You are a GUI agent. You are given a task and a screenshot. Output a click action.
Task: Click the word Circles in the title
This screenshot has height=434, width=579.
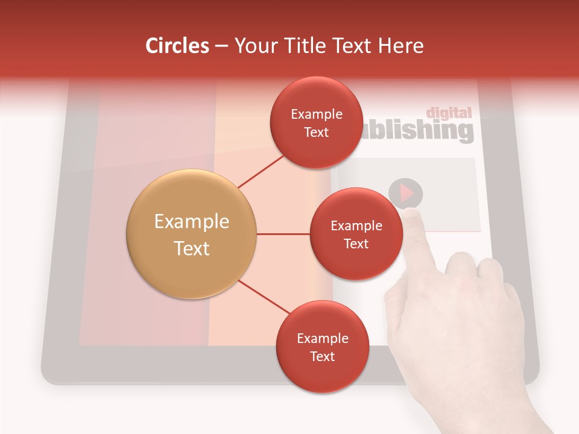(177, 46)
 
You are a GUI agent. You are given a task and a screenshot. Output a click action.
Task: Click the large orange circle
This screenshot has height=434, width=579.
(192, 234)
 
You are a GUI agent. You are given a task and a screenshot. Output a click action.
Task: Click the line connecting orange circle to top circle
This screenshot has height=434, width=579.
(261, 172)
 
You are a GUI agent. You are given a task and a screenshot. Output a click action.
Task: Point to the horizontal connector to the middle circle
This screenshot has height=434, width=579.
(283, 234)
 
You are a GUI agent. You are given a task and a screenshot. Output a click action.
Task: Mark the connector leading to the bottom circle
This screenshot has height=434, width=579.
(264, 296)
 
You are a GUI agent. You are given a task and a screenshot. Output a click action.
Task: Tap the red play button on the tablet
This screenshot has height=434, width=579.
(405, 193)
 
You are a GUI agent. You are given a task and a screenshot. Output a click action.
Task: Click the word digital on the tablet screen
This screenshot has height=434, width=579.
(449, 113)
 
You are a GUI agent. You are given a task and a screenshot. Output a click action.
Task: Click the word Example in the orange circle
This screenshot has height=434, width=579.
(192, 221)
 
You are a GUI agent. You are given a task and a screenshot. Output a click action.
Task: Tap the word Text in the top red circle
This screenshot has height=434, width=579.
(316, 132)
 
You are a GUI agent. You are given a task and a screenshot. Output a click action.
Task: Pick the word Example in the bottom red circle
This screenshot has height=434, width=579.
(322, 338)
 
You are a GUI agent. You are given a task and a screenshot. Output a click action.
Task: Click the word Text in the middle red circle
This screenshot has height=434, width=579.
(356, 244)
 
